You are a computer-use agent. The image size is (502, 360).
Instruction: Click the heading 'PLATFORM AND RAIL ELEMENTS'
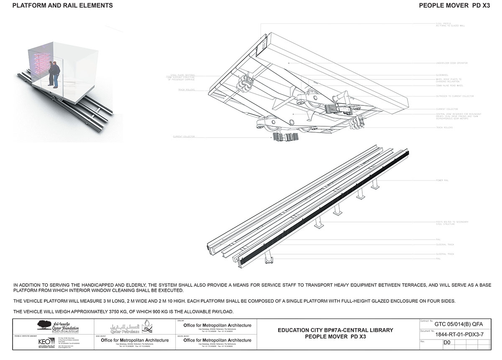click(63, 6)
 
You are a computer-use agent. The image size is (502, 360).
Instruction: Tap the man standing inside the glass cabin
click(53, 74)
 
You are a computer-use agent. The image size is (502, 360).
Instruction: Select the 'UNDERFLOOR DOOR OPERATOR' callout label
click(451, 63)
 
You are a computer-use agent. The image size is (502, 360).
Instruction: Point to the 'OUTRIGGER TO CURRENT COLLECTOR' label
click(454, 96)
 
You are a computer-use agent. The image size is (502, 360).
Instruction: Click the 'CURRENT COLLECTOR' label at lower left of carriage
click(184, 137)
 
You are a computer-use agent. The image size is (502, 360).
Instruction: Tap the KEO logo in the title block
click(44, 342)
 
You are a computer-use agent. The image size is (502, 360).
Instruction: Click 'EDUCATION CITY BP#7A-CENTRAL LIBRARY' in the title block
click(336, 330)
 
